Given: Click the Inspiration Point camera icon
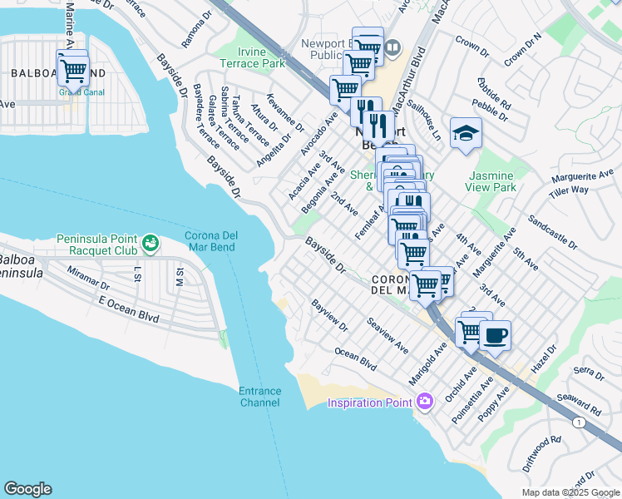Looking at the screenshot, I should coord(425,403).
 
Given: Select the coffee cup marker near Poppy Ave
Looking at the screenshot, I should coord(496,335).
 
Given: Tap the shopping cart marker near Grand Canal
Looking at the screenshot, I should coord(73,69).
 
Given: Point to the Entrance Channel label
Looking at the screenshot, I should coord(260,397).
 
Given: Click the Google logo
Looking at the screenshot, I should coord(27,489).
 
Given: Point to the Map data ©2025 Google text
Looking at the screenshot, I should coord(570,492).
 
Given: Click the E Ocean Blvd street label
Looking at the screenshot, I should coord(128,309).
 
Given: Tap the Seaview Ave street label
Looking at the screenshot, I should coord(388,335).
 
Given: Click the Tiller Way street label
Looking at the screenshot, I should coord(569,190).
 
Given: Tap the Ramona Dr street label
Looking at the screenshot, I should coord(194,32).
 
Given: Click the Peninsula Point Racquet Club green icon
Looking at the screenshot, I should coord(150,244).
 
